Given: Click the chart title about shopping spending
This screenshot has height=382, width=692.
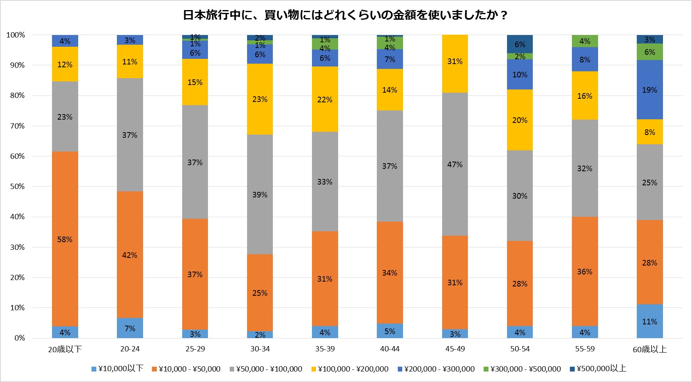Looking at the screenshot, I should click(345, 15).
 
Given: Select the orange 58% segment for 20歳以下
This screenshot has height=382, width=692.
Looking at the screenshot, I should click(65, 239).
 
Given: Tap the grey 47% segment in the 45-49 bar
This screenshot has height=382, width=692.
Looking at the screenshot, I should click(455, 164).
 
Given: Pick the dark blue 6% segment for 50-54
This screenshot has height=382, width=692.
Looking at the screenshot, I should click(520, 44).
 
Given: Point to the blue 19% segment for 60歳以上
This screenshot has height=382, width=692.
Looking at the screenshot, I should click(649, 89).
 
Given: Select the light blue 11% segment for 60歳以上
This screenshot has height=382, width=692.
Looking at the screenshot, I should click(649, 321).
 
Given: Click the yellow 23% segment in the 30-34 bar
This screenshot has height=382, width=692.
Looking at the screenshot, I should click(260, 99).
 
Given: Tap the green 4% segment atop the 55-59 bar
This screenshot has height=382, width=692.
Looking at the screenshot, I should click(584, 41).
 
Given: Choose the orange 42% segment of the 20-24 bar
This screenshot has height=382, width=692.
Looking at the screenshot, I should click(130, 255).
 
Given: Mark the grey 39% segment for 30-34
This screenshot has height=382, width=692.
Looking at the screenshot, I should click(260, 194).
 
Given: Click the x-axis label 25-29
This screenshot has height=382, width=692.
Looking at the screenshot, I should click(195, 349).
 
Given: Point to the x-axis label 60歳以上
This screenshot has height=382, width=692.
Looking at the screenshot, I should click(649, 349).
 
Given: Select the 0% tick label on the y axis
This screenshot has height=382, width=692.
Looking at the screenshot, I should click(19, 338).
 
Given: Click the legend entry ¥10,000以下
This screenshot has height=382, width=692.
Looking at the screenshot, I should click(117, 369).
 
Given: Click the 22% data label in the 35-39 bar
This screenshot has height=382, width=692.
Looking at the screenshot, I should click(324, 100).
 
